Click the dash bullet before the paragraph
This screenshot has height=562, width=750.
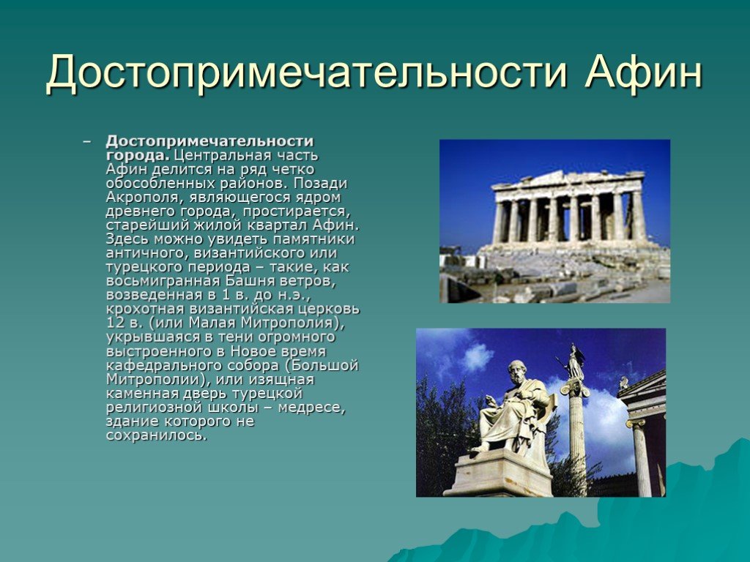[86, 141]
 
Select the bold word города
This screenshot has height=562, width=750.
[138, 157]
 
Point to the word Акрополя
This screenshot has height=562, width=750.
[143, 198]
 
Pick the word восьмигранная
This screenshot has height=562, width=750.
[163, 282]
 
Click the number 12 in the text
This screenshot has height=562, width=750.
[115, 323]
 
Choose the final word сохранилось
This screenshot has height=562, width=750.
[157, 435]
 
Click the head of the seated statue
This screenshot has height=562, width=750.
[516, 372]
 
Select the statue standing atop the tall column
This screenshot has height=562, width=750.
[574, 361]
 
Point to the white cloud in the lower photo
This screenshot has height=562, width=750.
[476, 357]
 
